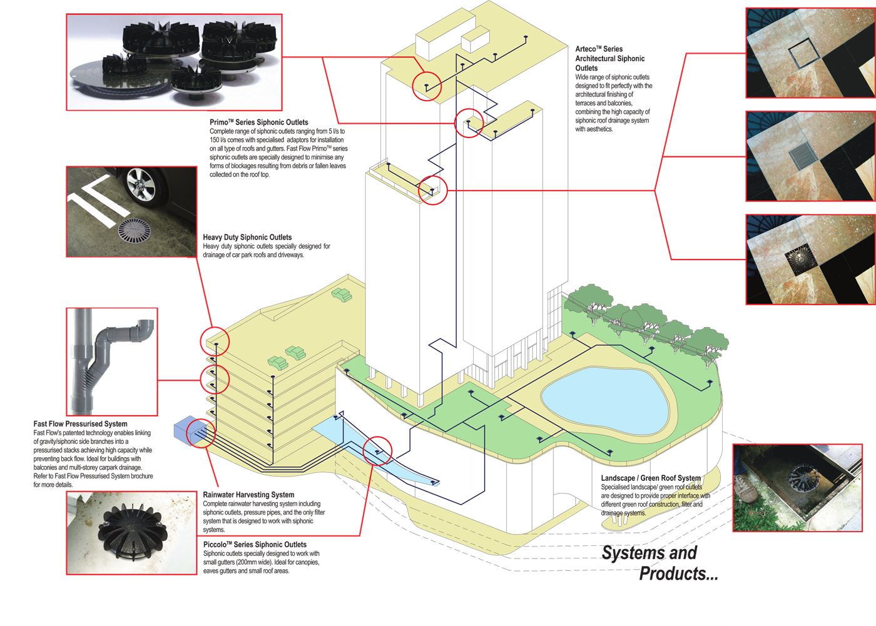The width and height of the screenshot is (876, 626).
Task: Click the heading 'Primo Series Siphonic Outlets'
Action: pyautogui.click(x=258, y=123)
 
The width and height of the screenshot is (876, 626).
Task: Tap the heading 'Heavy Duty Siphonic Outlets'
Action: pyautogui.click(x=247, y=237)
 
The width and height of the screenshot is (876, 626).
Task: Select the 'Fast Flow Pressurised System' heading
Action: pyautogui.click(x=80, y=423)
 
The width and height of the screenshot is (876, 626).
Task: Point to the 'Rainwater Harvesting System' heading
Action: pyautogui.click(x=248, y=495)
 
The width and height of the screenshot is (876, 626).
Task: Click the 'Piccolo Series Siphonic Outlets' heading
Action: pyautogui.click(x=255, y=544)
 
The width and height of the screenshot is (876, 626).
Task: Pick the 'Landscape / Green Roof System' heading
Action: pyautogui.click(x=651, y=478)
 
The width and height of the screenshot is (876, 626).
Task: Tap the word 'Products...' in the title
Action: pyautogui.click(x=678, y=573)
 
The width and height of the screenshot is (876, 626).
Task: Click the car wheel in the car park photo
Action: pyautogui.click(x=141, y=185)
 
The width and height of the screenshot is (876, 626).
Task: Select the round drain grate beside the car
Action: pyautogui.click(x=134, y=231)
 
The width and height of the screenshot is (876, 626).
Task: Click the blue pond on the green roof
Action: pyautogui.click(x=605, y=400)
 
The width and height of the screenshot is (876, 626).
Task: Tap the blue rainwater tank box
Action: pyautogui.click(x=190, y=432)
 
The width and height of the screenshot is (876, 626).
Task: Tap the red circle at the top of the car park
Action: pyautogui.click(x=215, y=341)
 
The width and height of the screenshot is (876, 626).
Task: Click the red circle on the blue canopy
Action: pyautogui.click(x=377, y=451)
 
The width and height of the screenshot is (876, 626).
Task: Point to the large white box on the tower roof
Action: pyautogui.click(x=446, y=36)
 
